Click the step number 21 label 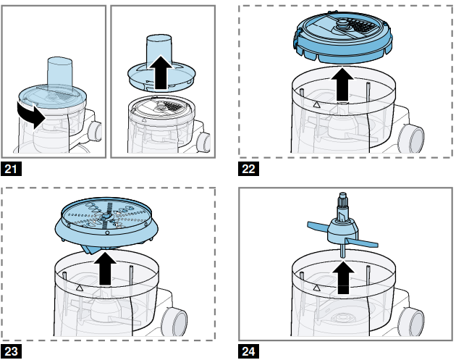click(x=12, y=169)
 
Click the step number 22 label click(x=248, y=169)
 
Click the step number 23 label click(x=12, y=351)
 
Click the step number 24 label click(x=248, y=351)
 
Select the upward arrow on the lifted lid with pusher click(x=161, y=72)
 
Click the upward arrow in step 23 click(x=105, y=269)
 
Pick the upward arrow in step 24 click(x=344, y=277)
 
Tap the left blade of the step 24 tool click(x=318, y=226)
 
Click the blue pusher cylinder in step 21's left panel click(x=59, y=73)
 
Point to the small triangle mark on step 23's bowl click(x=79, y=288)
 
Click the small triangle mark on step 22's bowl click(x=317, y=105)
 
